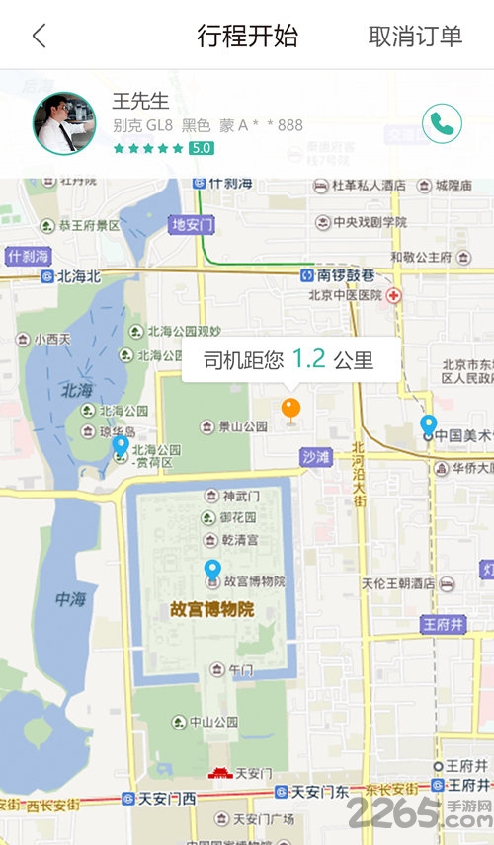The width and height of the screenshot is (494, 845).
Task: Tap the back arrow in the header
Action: tap(39, 37)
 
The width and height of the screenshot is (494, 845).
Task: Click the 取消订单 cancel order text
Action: tap(415, 37)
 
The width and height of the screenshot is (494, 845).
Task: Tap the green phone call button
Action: tap(442, 123)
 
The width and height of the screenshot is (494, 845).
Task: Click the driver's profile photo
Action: tap(64, 123)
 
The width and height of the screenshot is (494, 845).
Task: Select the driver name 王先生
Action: tap(141, 101)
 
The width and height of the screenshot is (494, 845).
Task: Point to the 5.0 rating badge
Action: tap(202, 148)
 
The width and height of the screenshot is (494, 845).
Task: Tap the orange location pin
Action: tap(290, 410)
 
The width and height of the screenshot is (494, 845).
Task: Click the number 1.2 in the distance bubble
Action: tap(308, 359)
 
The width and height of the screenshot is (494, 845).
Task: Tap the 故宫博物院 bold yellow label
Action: tap(211, 609)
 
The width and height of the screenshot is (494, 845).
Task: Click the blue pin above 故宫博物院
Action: tap(212, 571)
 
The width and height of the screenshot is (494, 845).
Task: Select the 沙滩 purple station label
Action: tap(317, 458)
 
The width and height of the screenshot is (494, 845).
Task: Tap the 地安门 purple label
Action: tap(193, 224)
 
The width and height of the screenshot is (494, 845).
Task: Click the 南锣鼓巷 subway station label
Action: tap(338, 275)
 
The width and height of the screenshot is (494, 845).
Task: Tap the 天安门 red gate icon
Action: tap(220, 773)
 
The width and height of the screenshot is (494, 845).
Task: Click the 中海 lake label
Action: tap(70, 598)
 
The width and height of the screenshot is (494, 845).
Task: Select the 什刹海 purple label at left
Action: tap(28, 256)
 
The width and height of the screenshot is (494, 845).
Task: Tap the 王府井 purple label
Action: tap(443, 624)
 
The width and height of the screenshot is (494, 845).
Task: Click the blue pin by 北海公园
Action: tap(121, 446)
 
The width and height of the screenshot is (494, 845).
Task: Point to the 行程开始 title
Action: tap(247, 37)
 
